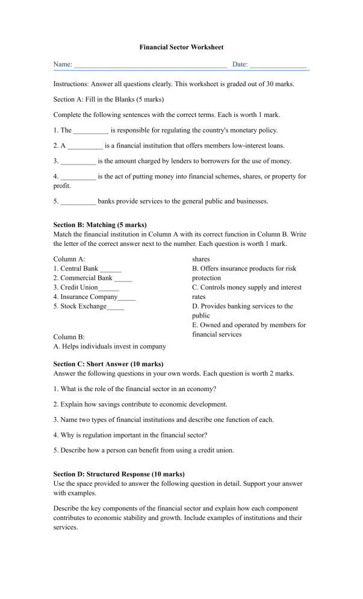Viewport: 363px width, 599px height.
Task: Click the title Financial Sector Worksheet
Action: click(x=181, y=46)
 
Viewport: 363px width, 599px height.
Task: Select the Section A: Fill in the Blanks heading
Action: click(x=108, y=99)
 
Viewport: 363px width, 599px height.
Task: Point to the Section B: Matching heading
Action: click(x=100, y=224)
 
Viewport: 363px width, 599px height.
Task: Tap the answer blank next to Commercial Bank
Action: click(x=123, y=279)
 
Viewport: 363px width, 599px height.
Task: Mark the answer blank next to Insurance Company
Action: click(x=127, y=298)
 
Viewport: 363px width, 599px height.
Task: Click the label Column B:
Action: click(x=69, y=337)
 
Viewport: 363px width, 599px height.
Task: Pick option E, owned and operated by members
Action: click(x=249, y=330)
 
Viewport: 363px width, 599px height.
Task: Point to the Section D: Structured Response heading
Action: click(x=119, y=474)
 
